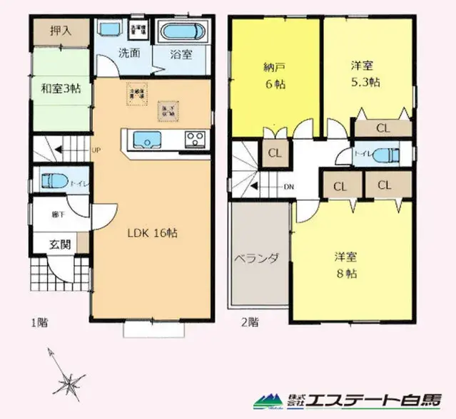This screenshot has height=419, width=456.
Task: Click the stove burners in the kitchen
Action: click(x=195, y=138)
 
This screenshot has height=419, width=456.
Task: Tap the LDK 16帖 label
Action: click(x=152, y=233)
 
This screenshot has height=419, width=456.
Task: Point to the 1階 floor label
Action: click(x=39, y=322)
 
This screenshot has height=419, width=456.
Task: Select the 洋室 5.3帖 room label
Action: click(x=365, y=73)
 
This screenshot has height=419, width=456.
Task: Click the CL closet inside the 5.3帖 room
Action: click(x=382, y=129)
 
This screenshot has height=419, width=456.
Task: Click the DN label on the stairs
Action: click(x=288, y=187)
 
